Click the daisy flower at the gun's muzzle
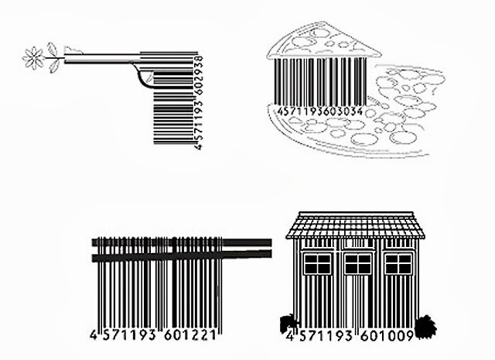(34, 57)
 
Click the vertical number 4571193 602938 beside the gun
(199, 101)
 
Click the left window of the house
(318, 263)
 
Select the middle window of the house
(357, 263)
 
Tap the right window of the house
(398, 263)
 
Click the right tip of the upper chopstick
(270, 242)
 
